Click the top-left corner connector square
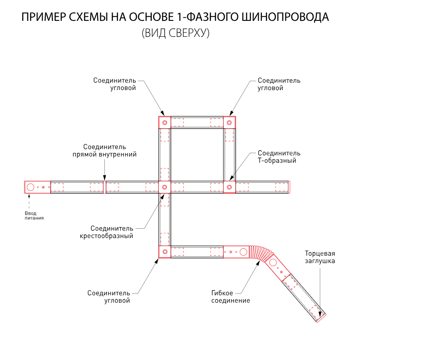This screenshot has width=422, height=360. [x=165, y=122]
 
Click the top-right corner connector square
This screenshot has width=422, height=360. [x=229, y=122]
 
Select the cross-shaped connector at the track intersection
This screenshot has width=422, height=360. [x=165, y=187]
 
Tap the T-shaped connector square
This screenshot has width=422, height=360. [x=229, y=187]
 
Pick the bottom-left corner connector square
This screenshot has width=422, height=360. [x=165, y=252]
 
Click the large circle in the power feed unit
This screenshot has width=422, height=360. [x=31, y=187]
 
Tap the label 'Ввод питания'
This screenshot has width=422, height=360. [x=34, y=215]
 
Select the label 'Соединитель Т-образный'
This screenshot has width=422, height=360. [x=279, y=157]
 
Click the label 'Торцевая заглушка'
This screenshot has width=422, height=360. [x=319, y=257]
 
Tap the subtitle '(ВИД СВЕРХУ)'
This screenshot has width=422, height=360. [x=175, y=34]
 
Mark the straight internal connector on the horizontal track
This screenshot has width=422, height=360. [x=104, y=187]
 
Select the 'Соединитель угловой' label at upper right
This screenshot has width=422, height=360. [x=279, y=84]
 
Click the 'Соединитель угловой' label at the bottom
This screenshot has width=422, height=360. [x=108, y=297]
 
